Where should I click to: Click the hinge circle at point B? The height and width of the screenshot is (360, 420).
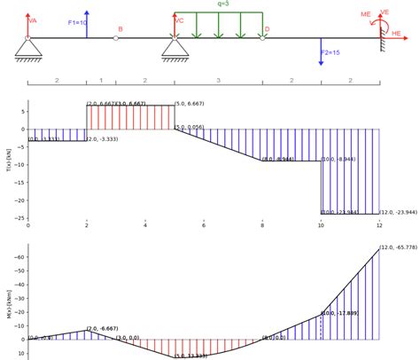pyautogui.click(x=116, y=38)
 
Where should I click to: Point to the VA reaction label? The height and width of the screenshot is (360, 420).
pyautogui.click(x=33, y=20)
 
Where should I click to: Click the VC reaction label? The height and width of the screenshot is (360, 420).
pyautogui.click(x=180, y=20)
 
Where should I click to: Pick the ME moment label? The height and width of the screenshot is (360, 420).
pyautogui.click(x=366, y=15)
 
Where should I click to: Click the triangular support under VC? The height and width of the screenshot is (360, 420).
pyautogui.click(x=175, y=49)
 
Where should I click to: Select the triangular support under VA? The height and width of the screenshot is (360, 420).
pyautogui.click(x=28, y=49)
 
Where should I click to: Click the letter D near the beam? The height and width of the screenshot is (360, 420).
pyautogui.click(x=265, y=29)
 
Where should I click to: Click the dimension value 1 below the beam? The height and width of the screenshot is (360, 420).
pyautogui.click(x=101, y=81)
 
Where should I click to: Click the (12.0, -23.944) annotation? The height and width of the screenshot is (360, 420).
pyautogui.click(x=398, y=213)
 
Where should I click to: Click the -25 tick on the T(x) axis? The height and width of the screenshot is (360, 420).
pyautogui.click(x=19, y=218)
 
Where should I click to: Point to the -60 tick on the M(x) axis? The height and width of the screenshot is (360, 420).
pyautogui.click(x=18, y=257)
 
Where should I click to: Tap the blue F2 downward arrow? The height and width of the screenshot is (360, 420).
pyautogui.click(x=322, y=51)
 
